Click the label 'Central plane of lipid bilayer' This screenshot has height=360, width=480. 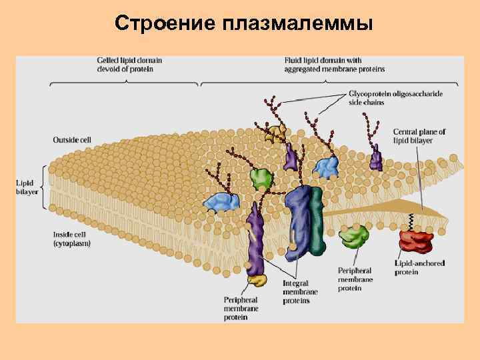click(x=419, y=136)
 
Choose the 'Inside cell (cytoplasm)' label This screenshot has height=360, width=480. click(x=72, y=239)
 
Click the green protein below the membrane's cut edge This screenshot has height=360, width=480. click(x=354, y=235)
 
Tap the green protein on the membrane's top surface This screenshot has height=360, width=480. click(x=261, y=178)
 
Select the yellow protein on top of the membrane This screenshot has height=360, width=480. click(x=275, y=133)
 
